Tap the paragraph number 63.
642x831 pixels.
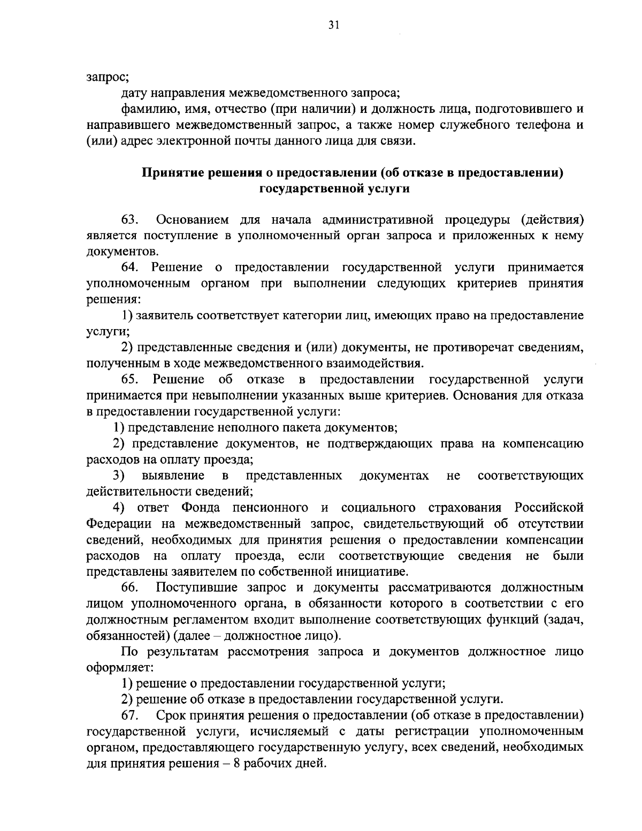(x=130, y=220)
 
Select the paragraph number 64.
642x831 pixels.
(x=130, y=268)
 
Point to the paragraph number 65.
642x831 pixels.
(x=130, y=380)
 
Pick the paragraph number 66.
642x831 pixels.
(x=130, y=588)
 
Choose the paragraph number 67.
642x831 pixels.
(x=130, y=715)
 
